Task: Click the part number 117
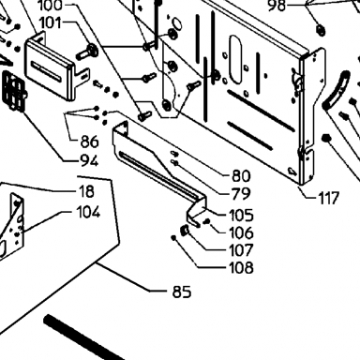pyautogui.click(x=328, y=198)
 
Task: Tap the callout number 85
pyautogui.click(x=182, y=292)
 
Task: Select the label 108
pyautogui.click(x=241, y=267)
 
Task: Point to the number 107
pyautogui.click(x=241, y=250)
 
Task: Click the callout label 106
pyautogui.click(x=241, y=232)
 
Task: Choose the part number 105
pyautogui.click(x=241, y=216)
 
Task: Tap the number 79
pyautogui.click(x=241, y=194)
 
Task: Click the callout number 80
pyautogui.click(x=241, y=176)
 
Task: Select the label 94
pyautogui.click(x=89, y=161)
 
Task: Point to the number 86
pyautogui.click(x=89, y=142)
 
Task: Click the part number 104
pyautogui.click(x=88, y=212)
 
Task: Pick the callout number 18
pyautogui.click(x=86, y=191)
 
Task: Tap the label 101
pyautogui.click(x=52, y=22)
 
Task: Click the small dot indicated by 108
pyautogui.click(x=173, y=238)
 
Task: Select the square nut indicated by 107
pyautogui.click(x=185, y=231)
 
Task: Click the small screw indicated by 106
pyautogui.click(x=207, y=221)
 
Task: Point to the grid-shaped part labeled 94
pyautogui.click(x=14, y=91)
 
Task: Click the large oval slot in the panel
pyautogui.click(x=235, y=59)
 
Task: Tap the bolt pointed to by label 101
pyautogui.click(x=87, y=52)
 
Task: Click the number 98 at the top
pyautogui.click(x=277, y=6)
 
